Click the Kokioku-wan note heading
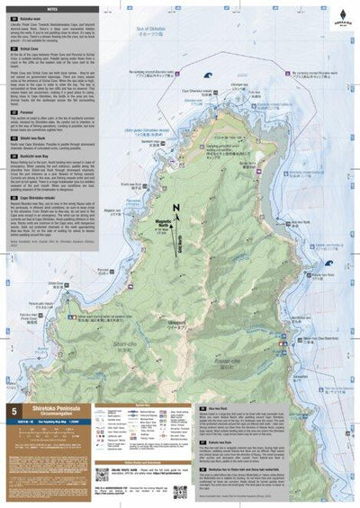click(x=32, y=17)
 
